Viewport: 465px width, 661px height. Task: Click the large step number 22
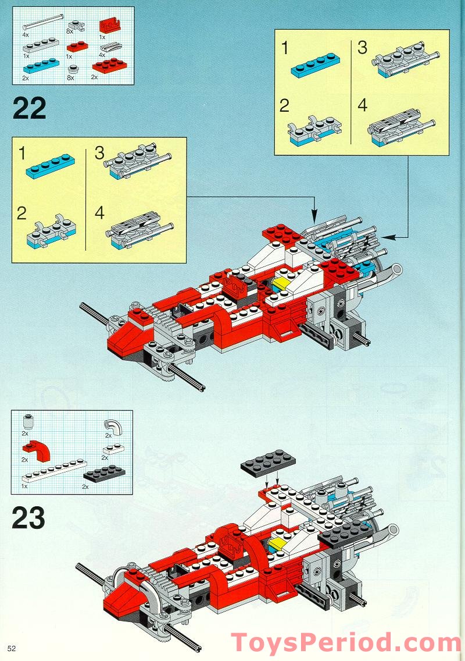click(29, 108)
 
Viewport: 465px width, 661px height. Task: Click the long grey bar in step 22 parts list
click(42, 23)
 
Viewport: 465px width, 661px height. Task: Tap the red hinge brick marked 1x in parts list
click(109, 26)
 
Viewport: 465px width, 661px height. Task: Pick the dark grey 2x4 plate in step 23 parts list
click(103, 472)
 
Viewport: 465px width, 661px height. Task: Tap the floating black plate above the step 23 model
click(268, 463)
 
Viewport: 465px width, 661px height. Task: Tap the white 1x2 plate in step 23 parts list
click(110, 449)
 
